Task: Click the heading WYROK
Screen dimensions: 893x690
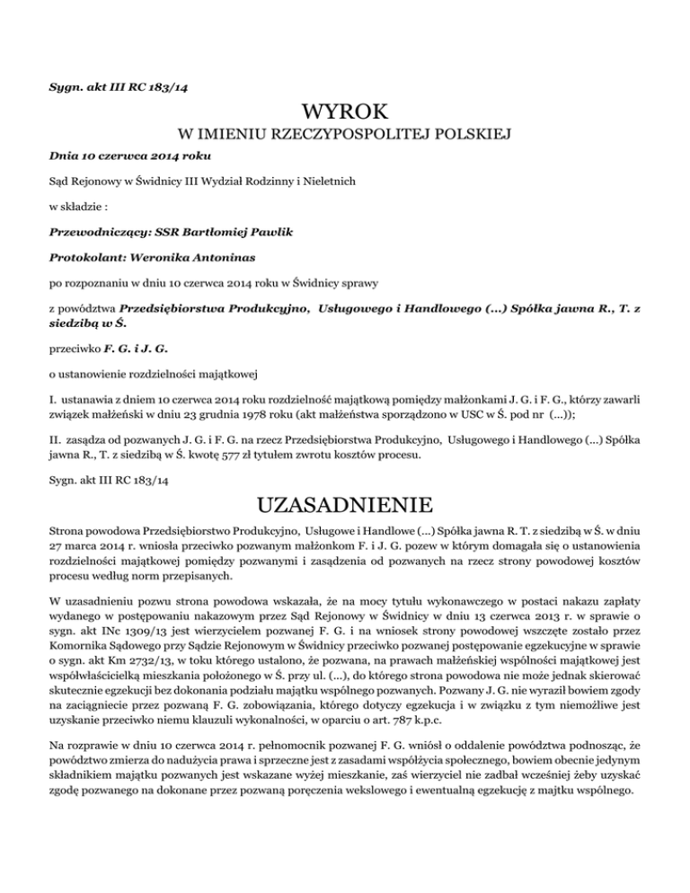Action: click(345, 113)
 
